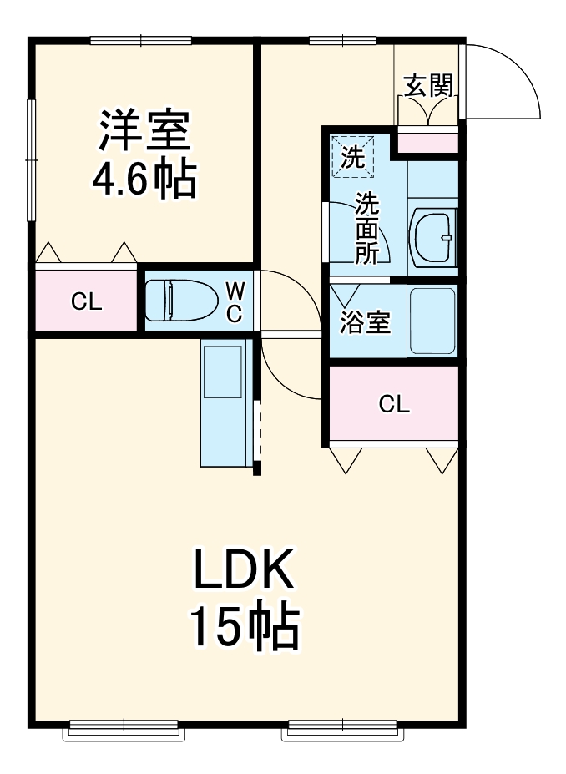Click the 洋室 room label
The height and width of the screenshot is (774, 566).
[144, 131]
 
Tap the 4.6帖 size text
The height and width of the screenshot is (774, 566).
[144, 178]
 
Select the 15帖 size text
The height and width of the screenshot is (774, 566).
[243, 628]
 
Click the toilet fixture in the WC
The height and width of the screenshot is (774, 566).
[174, 300]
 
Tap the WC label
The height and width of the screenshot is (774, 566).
[235, 301]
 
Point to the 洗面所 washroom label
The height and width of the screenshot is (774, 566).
[366, 229]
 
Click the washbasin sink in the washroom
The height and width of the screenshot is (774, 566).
[433, 237]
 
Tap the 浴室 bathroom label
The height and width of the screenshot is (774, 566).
[366, 323]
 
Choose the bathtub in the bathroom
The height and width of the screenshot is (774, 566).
[432, 322]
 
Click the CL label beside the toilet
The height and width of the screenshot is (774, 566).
[86, 302]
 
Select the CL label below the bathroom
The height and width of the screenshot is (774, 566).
[394, 405]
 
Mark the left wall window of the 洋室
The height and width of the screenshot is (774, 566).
[31, 159]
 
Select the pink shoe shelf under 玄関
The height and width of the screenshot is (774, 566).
[427, 143]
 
